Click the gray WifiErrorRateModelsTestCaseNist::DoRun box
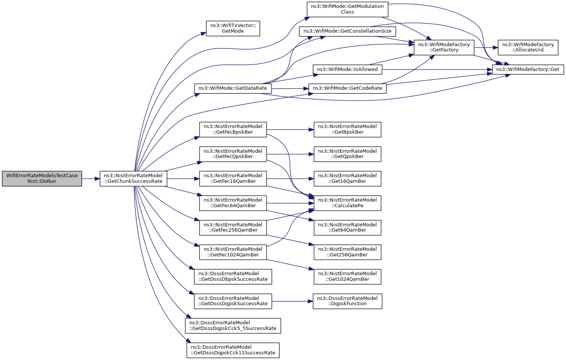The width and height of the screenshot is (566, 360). click(42, 179)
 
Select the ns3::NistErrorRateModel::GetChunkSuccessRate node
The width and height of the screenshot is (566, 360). click(134, 179)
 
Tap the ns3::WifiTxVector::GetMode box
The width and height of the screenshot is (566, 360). click(233, 28)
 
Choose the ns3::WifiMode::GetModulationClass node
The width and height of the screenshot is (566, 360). click(347, 9)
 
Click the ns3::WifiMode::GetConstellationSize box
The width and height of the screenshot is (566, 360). click(347, 31)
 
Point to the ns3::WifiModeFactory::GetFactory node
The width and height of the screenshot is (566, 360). click(444, 47)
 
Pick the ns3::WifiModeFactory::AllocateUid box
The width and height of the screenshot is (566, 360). click(528, 47)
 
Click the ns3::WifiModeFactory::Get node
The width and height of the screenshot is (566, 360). click(528, 69)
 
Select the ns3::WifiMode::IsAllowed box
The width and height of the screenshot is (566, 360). click(347, 69)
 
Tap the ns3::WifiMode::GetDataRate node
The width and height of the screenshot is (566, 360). click(233, 88)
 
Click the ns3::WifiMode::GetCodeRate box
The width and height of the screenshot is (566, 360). click(347, 88)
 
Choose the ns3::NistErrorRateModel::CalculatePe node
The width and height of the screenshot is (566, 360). click(347, 203)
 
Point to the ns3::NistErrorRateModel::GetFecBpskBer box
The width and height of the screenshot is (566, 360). click(233, 130)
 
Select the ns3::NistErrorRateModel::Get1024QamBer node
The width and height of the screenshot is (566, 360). click(347, 277)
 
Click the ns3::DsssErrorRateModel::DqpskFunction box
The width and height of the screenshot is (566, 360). click(347, 301)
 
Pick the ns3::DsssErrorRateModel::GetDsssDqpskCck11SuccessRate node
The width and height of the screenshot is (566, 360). click(233, 350)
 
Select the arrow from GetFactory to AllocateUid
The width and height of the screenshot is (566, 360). click(486, 47)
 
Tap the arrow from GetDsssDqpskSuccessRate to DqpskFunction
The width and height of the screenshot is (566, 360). click(292, 301)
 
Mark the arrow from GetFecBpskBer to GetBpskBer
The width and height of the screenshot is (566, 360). click(290, 130)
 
